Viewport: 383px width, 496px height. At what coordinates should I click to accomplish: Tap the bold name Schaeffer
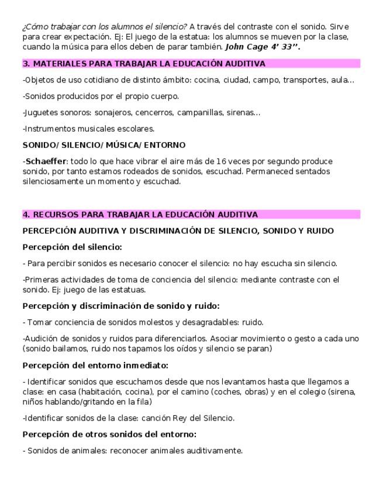[x=46, y=161]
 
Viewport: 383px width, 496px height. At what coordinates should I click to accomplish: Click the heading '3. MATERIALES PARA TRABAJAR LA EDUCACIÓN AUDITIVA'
[x=144, y=63]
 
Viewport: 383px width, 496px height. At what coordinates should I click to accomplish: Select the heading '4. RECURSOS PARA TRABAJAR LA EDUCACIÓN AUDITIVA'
[x=140, y=215]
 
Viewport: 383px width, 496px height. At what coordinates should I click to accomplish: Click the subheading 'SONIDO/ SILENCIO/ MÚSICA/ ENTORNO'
[x=104, y=144]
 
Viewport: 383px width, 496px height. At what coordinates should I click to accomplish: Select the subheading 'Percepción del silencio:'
[x=72, y=247]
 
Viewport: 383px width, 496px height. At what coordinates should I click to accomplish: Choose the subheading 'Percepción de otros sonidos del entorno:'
[x=109, y=434]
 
